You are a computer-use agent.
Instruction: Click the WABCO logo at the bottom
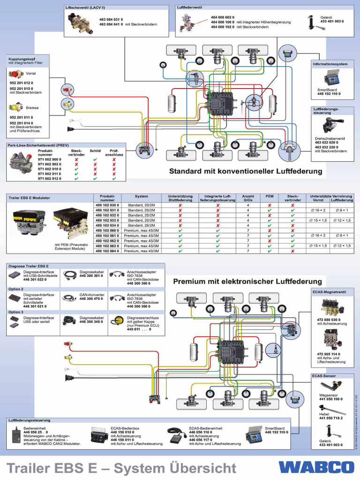(x=317, y=467)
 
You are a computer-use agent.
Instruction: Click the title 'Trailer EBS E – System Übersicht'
(x=121, y=467)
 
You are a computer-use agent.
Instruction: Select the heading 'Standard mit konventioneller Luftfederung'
(x=246, y=172)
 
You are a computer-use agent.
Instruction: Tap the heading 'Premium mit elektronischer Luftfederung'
(x=247, y=282)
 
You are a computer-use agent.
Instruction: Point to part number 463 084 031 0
(x=111, y=19)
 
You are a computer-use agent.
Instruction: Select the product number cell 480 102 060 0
(x=107, y=231)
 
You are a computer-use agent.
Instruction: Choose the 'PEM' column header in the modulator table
(x=270, y=196)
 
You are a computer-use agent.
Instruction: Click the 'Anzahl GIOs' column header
(x=247, y=198)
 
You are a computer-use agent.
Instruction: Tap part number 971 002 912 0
(x=49, y=179)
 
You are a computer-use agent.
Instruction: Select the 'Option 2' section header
(x=16, y=289)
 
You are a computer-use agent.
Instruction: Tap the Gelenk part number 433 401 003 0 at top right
(x=332, y=22)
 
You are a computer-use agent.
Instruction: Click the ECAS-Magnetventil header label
(x=329, y=292)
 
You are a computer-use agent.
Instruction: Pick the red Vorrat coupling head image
(x=15, y=74)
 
